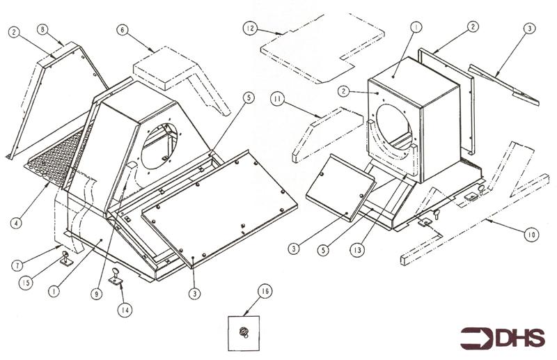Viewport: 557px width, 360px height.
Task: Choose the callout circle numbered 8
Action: coord(43,29)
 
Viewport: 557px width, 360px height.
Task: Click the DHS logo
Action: coord(502,337)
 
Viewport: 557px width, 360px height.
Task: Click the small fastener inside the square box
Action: coord(245,332)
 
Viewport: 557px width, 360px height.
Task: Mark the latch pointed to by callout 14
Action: coord(115,277)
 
